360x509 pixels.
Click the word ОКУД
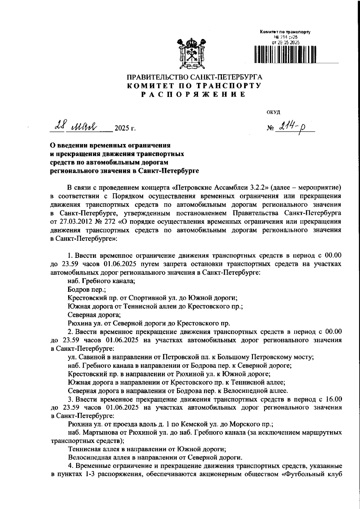click(273, 112)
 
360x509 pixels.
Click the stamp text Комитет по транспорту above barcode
click(285, 32)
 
